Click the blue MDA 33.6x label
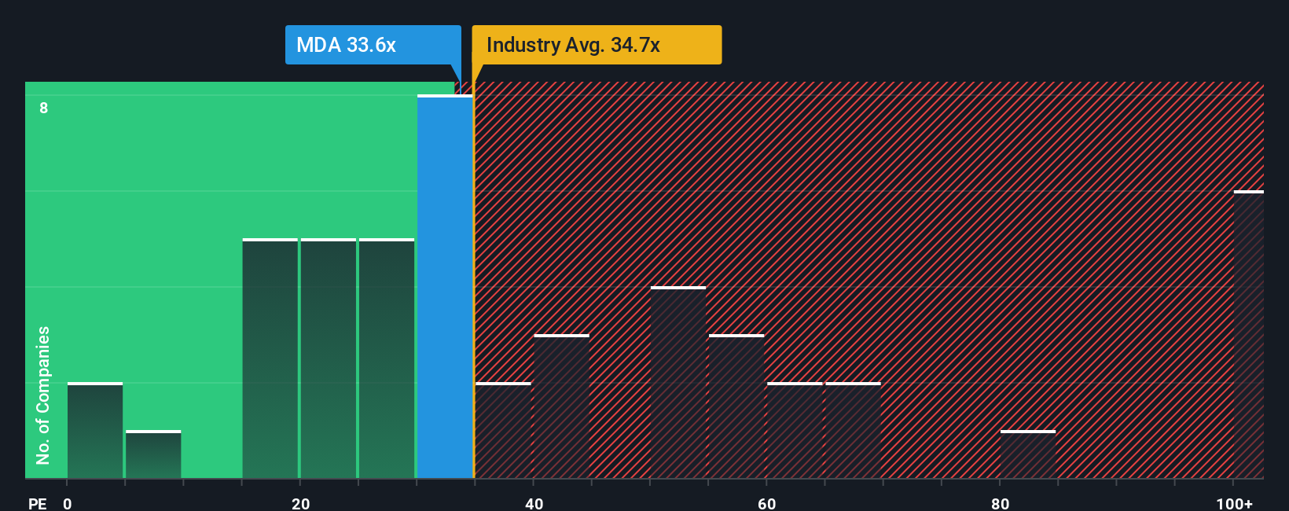pos(373,45)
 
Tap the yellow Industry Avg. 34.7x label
pos(596,45)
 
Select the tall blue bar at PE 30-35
pos(445,287)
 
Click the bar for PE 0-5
pos(95,431)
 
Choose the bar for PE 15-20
pos(270,358)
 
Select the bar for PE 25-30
pos(387,358)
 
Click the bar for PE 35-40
pos(504,431)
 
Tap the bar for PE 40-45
pos(562,406)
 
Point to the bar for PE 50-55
pos(678,383)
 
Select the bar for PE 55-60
pos(736,406)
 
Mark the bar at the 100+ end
pos(1248,335)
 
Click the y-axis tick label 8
pos(44,108)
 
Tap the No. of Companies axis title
pos(43,395)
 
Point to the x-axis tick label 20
pos(300,503)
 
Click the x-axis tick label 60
pos(767,503)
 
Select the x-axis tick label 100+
pos(1234,503)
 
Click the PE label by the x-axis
pos(37,503)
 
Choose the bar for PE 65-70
pos(853,431)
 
